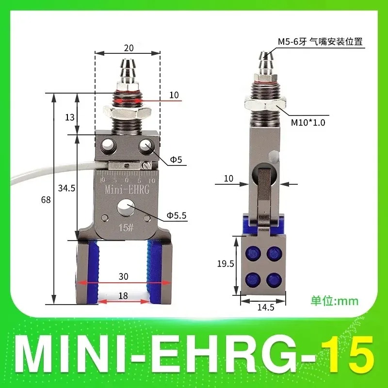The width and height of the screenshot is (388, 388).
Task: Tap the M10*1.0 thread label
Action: [x=307, y=123]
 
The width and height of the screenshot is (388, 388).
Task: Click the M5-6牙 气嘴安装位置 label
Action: [x=320, y=42]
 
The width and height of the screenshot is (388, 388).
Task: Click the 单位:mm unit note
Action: [x=334, y=301]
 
